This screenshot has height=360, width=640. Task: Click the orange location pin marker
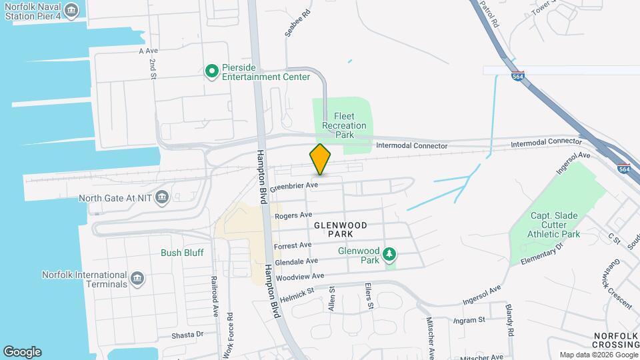(321, 159)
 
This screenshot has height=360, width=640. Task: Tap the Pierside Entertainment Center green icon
(212, 71)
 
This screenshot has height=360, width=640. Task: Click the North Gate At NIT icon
(162, 197)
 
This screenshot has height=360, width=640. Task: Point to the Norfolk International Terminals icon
(137, 278)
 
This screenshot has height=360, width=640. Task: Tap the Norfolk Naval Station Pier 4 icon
(72, 11)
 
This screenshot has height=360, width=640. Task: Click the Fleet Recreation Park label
(344, 125)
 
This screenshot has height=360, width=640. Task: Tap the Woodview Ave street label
(300, 276)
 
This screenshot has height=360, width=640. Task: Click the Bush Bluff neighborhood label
(182, 253)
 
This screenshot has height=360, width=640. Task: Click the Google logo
(22, 351)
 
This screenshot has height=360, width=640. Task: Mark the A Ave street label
(148, 51)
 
